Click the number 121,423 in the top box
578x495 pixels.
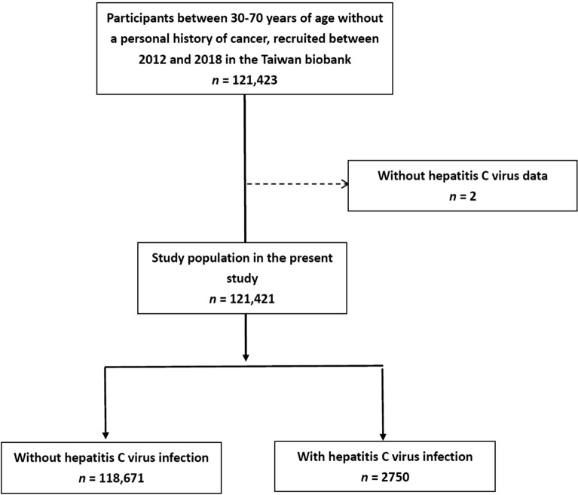click(255, 80)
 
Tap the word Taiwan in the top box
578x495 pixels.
click(278, 60)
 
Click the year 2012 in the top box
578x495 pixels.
click(152, 60)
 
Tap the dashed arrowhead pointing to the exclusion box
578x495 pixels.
click(344, 184)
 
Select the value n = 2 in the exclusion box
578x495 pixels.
click(463, 196)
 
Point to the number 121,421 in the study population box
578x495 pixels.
click(252, 299)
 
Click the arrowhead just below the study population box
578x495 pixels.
click(246, 358)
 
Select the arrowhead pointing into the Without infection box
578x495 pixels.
click(106, 435)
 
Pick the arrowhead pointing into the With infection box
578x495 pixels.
click(383, 436)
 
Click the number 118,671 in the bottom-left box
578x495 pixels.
click(121, 478)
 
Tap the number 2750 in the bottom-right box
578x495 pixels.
click(396, 478)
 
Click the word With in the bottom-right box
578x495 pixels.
click(311, 457)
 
